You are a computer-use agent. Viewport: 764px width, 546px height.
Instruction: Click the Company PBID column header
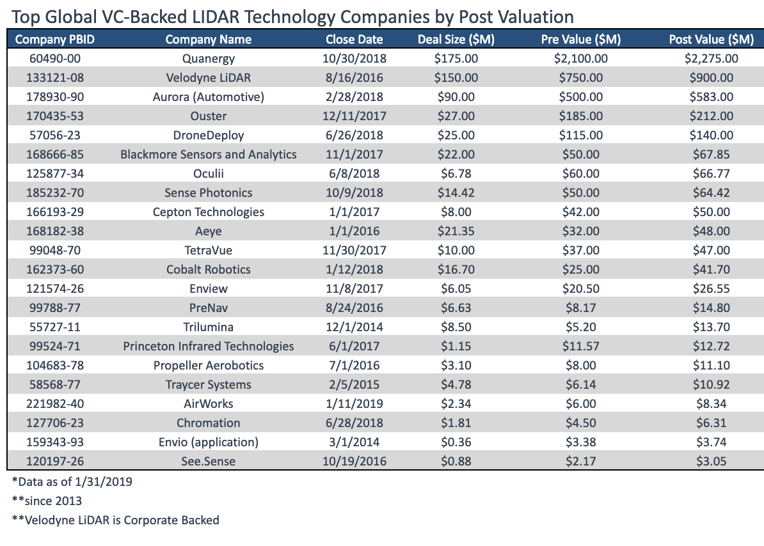(x=55, y=40)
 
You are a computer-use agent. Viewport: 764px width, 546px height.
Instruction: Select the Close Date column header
(x=354, y=40)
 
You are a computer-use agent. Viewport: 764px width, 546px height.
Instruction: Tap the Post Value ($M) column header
(x=712, y=40)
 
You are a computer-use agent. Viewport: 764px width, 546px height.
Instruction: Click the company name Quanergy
(x=209, y=59)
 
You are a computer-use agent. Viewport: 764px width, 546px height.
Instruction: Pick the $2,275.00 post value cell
(x=712, y=59)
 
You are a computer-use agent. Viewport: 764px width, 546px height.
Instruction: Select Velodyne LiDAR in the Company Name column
(x=209, y=78)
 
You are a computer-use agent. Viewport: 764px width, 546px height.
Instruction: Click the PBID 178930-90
(x=55, y=97)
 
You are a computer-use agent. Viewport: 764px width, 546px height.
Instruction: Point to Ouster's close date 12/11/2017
(x=354, y=116)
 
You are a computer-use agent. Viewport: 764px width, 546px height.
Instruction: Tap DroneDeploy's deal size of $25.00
(x=456, y=136)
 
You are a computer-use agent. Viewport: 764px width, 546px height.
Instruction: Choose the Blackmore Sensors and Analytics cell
(x=209, y=155)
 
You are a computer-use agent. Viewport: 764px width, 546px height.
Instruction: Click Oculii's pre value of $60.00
(x=581, y=174)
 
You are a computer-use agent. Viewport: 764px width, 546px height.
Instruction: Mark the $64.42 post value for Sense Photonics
(x=712, y=193)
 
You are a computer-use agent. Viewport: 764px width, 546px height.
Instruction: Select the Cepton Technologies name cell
(x=209, y=212)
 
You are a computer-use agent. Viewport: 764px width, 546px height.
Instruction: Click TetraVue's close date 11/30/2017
(x=354, y=251)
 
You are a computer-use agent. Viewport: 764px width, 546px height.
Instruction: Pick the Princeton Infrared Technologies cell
(x=209, y=347)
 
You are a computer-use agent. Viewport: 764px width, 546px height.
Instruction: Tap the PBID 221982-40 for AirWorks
(x=55, y=404)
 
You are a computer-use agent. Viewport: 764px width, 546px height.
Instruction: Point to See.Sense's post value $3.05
(x=712, y=462)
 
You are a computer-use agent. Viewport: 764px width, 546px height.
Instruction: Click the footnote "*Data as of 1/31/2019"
(x=72, y=481)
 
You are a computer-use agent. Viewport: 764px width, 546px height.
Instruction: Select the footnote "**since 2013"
(x=47, y=501)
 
